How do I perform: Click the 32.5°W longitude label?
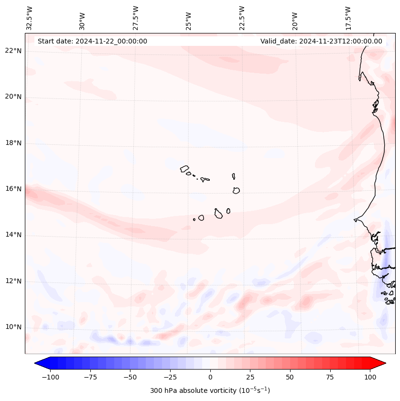click(30, 17)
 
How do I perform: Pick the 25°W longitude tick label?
click(189, 19)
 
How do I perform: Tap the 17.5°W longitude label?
click(348, 17)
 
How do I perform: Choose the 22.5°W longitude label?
click(242, 17)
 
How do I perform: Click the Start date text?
click(92, 41)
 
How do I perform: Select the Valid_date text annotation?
click(321, 41)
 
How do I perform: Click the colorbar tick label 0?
click(210, 377)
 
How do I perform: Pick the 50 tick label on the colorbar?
click(290, 377)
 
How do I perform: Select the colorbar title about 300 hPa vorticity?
click(210, 390)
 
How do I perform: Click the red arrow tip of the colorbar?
click(381, 363)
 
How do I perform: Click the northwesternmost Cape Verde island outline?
click(184, 168)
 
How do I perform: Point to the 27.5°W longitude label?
click(136, 17)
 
